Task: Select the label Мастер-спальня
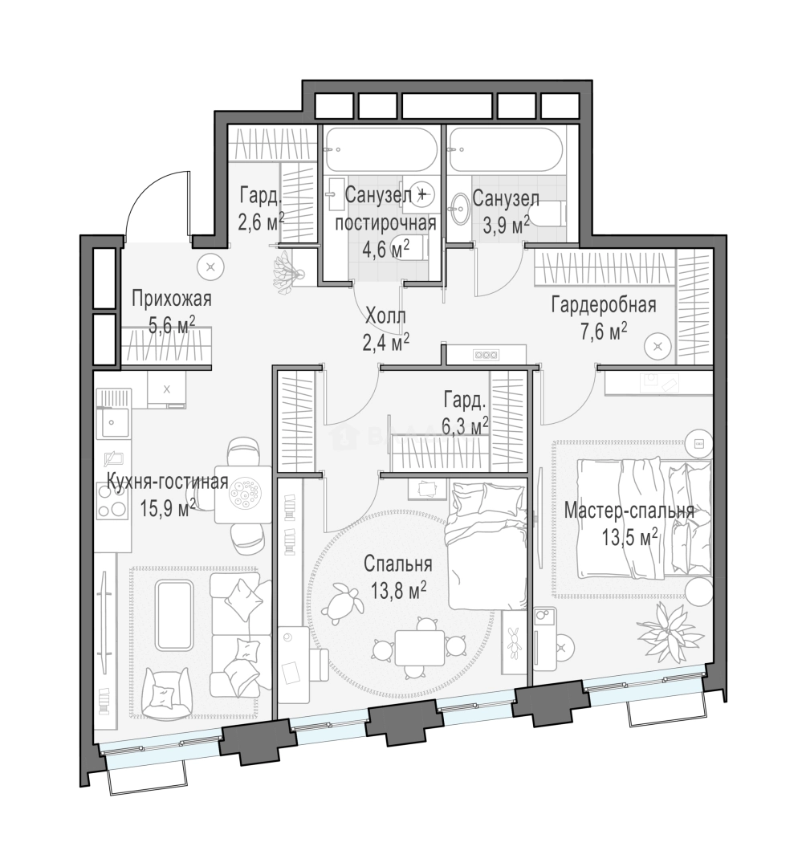[x=629, y=511]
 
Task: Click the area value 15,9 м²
[x=168, y=507]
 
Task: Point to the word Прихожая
[x=172, y=299]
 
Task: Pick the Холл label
[x=385, y=316]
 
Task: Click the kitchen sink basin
[x=112, y=423]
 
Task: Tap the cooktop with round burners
[x=112, y=500]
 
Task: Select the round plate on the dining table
[x=244, y=491]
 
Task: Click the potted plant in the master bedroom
[x=670, y=629]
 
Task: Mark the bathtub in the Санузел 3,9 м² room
[x=506, y=149]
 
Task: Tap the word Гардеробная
[x=604, y=305]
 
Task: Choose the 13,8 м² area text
[x=398, y=591]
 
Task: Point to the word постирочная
[x=386, y=223]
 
